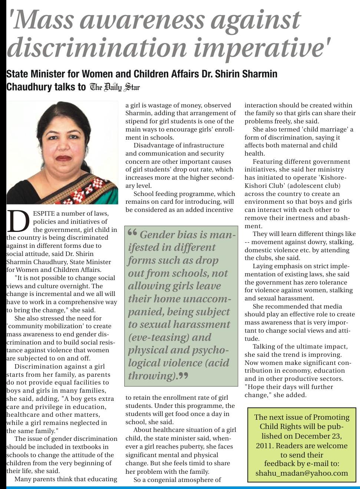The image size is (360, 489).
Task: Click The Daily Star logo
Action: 115,87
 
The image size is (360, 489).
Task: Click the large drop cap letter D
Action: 18,222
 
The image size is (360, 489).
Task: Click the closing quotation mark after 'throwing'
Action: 183,376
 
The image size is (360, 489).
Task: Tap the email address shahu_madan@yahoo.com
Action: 301,473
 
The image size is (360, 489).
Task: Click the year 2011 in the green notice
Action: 264,445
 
